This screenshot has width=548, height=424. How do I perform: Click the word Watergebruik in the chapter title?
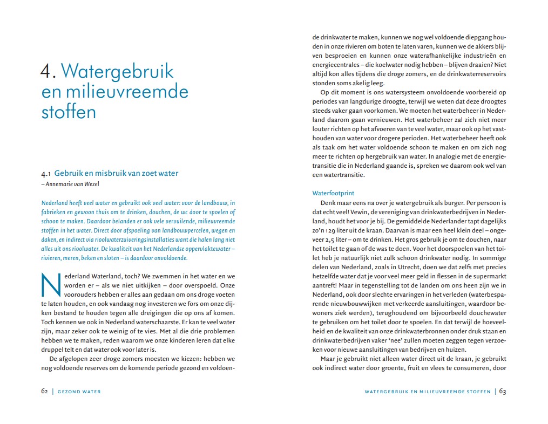117,72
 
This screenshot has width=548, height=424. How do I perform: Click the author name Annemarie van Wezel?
72,184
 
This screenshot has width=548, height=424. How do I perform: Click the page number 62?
45,391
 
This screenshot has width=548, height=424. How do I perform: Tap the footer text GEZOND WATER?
80,392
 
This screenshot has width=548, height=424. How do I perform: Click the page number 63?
502,391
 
